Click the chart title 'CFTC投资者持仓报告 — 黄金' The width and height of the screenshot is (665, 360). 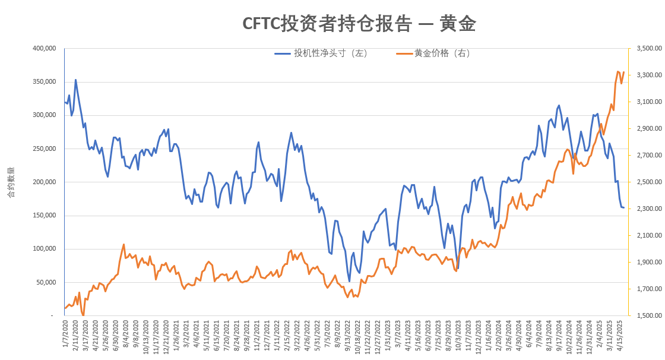(359, 24)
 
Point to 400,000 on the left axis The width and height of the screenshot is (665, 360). (43, 48)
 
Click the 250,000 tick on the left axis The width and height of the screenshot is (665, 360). (43, 149)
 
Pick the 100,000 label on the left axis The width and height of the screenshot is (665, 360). (43, 249)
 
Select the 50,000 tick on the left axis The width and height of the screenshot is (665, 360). (45, 283)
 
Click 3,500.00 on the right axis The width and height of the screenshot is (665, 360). (648, 48)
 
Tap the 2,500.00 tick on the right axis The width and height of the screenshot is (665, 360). (648, 182)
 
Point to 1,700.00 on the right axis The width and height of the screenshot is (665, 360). (648, 289)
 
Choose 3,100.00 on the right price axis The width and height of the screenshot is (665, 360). (648, 102)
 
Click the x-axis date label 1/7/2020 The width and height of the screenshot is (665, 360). (66, 336)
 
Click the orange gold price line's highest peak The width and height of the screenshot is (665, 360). (618, 71)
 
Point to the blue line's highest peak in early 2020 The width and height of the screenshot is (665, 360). (75, 80)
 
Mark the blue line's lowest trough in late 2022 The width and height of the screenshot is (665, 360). (349, 281)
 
